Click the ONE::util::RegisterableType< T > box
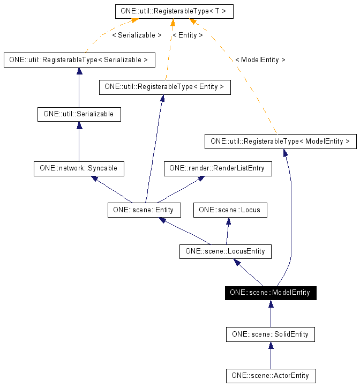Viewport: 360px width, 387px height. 174,11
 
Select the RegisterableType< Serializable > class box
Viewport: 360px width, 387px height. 79,60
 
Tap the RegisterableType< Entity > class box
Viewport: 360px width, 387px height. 164,87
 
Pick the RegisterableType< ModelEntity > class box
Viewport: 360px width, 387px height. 280,142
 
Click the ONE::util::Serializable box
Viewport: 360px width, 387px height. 79,114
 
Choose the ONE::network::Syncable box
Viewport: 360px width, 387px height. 79,168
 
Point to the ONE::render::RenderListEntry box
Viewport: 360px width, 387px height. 217,168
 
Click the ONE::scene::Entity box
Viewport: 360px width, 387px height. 144,210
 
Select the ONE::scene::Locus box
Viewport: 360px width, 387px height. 229,210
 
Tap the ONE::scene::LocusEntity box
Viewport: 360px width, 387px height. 225,251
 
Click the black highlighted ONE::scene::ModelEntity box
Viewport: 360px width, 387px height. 271,293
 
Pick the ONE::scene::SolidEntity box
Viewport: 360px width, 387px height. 271,334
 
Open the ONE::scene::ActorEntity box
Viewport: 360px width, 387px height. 271,376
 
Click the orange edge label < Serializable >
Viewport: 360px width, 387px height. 137,35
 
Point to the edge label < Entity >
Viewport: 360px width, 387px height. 187,35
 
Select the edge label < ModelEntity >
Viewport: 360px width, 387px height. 260,60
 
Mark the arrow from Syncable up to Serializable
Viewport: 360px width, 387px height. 79,142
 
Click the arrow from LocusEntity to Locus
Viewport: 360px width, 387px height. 228,230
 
